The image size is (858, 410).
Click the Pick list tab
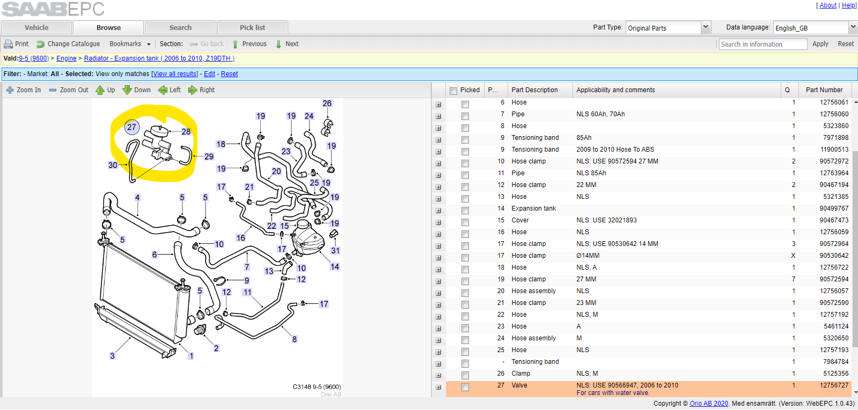pos(252,27)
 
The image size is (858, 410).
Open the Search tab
pos(180,27)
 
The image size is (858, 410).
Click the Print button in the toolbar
pos(17,44)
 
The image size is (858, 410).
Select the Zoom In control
pos(24,90)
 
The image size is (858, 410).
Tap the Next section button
pos(287,44)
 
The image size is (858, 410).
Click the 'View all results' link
pos(175,74)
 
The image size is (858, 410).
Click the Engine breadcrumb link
pos(66,58)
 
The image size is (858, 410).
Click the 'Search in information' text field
pos(762,44)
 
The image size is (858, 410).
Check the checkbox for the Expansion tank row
pos(465,210)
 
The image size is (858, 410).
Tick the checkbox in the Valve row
pos(465,387)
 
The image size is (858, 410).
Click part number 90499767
pos(834,208)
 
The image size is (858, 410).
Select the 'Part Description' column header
pos(534,90)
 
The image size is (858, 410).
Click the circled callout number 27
pos(132,127)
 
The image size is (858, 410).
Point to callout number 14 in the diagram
pos(335,266)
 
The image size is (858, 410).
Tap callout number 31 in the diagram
pos(335,250)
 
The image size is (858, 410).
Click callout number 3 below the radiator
pos(112,356)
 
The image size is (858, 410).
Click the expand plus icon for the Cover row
pos(438,222)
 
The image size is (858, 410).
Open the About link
pos(828,5)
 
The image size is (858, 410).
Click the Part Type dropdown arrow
pos(706,27)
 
